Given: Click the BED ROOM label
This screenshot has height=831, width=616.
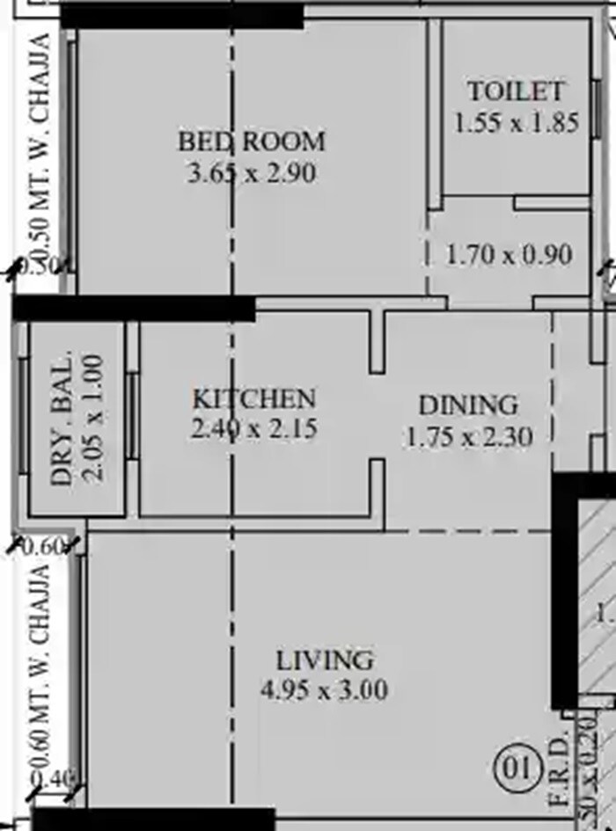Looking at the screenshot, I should [x=252, y=141].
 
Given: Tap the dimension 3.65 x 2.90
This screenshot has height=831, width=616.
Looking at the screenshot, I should [x=252, y=172].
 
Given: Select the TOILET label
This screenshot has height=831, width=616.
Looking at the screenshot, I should [x=515, y=91].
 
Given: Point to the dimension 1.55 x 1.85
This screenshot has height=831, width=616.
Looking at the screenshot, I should [x=517, y=122].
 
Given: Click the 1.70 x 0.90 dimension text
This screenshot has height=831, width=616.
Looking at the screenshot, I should [x=510, y=256].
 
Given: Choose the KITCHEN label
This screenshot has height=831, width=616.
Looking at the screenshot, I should [x=253, y=398].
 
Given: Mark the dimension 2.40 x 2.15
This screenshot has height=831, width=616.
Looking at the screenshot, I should [x=253, y=429].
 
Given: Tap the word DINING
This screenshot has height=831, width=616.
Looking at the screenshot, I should [x=468, y=405].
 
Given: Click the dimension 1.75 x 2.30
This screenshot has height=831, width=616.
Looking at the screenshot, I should [x=468, y=436].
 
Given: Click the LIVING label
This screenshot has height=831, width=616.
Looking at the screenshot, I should [x=325, y=660].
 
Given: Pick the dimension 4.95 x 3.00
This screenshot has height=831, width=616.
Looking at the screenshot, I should [x=325, y=690].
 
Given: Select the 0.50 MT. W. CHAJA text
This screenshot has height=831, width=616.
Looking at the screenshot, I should [x=40, y=141].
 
